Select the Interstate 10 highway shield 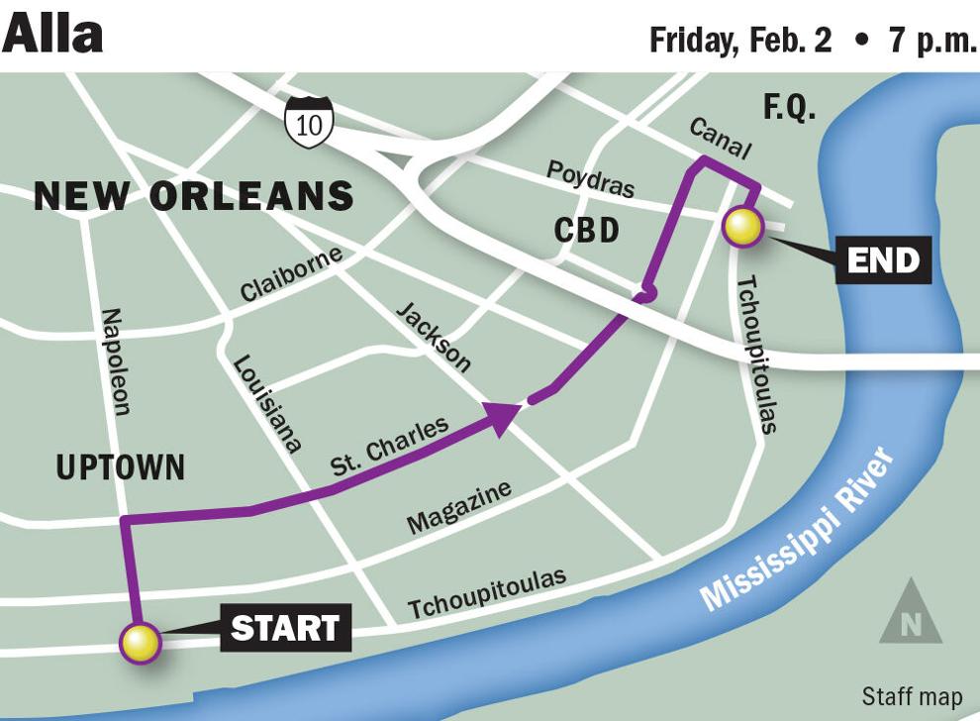(308, 122)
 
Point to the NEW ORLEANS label (194, 196)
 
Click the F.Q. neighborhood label (790, 107)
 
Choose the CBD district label (586, 231)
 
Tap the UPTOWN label (120, 467)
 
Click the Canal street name (720, 139)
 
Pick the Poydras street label (591, 179)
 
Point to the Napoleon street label (116, 361)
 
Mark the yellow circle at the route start (139, 643)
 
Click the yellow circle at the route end (742, 227)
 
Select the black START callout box (285, 628)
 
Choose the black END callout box (883, 260)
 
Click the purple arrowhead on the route (503, 415)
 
